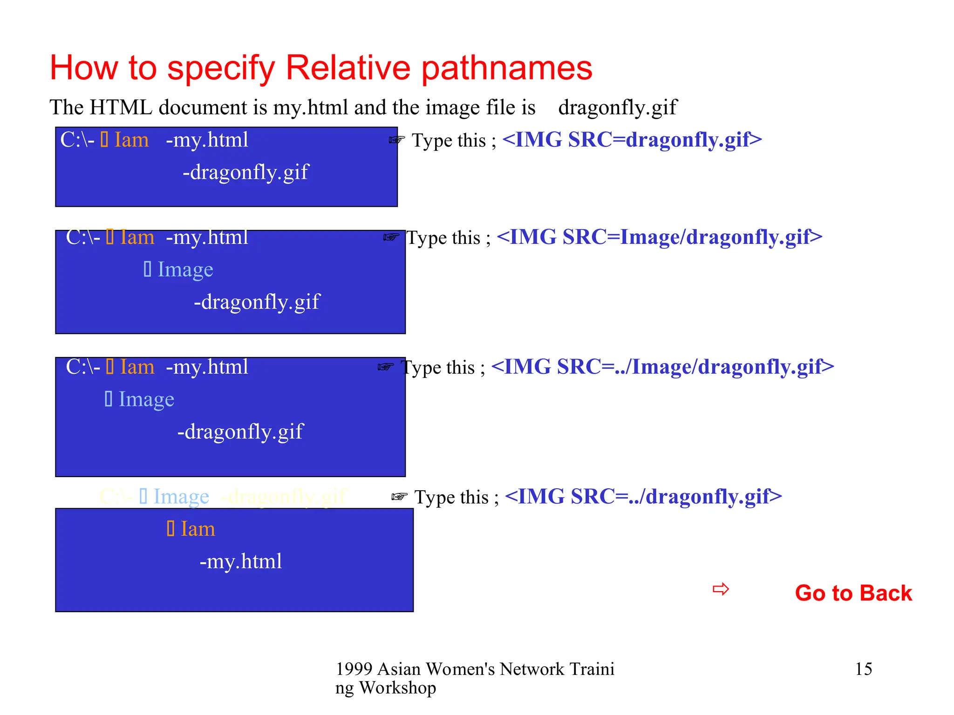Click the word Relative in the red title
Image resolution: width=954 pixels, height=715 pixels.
coord(348,68)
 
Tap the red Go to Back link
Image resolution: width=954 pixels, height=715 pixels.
coord(853,593)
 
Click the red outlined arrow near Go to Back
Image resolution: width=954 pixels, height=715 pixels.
coord(721,589)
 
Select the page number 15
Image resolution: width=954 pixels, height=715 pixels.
coord(863,669)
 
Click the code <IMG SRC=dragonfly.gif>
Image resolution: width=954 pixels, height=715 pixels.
coord(632,140)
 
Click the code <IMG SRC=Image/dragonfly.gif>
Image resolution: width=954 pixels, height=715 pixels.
coord(659,237)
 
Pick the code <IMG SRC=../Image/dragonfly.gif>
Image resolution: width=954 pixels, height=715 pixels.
coord(662,367)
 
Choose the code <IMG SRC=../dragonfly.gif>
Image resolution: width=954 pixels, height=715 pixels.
coord(643,497)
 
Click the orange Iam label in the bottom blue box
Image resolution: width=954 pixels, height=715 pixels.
coord(197,529)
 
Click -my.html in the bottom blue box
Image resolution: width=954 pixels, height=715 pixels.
coord(240,561)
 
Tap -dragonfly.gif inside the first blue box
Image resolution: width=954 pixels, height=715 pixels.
coord(245,173)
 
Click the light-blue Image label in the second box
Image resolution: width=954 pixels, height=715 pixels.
coord(184,270)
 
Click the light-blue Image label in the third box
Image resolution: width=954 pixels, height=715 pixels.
coord(146,399)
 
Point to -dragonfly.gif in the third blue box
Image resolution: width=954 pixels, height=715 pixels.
coord(240,432)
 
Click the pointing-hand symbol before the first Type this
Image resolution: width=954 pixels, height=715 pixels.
coord(397,140)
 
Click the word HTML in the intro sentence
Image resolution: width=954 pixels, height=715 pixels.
coord(121,108)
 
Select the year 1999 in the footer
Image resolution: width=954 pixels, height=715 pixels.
coord(354,669)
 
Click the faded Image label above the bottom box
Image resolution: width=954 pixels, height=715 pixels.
coord(181,497)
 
